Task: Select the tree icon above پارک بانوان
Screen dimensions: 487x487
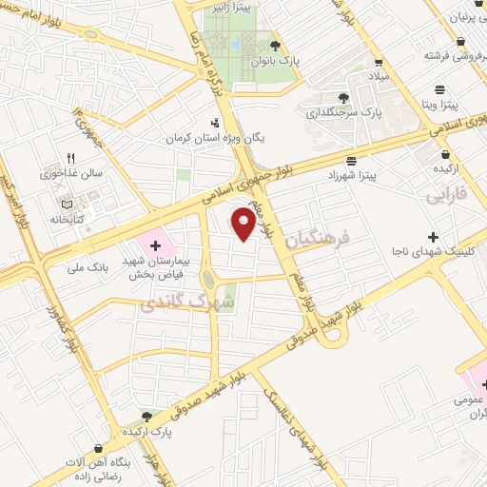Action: tap(276, 46)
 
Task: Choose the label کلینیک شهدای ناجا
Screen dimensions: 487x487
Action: tap(433, 252)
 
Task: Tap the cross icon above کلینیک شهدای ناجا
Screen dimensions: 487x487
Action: tap(434, 236)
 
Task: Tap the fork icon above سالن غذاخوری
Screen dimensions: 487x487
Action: tap(68, 158)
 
